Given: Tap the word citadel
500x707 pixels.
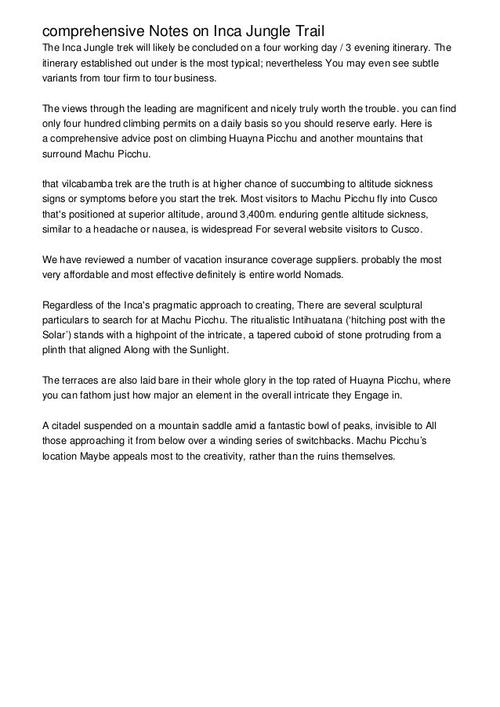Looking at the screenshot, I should click(67, 426).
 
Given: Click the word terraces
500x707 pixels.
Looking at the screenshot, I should click(85, 381).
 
